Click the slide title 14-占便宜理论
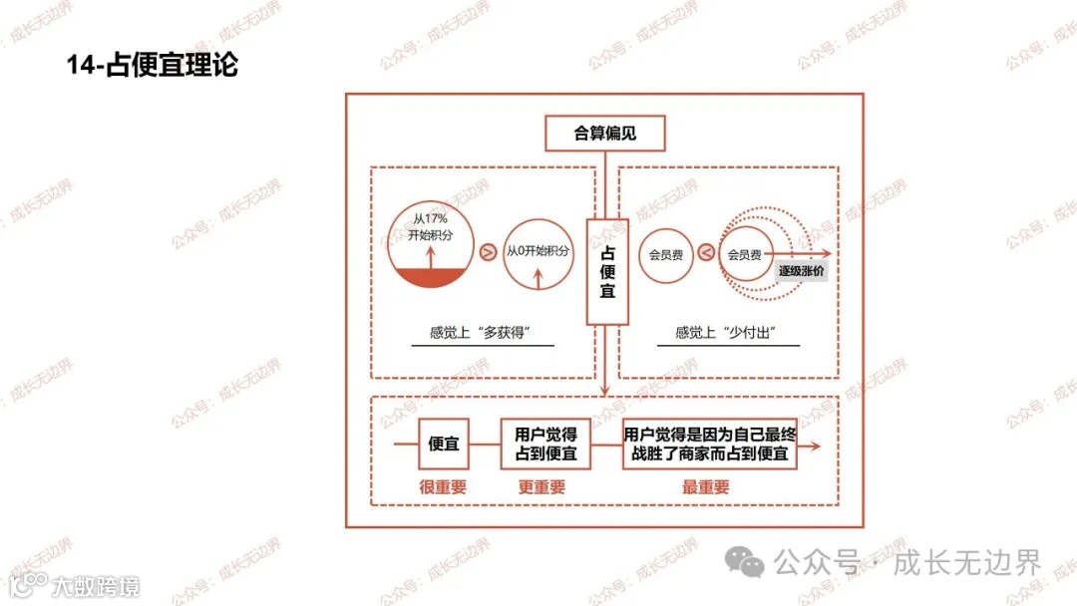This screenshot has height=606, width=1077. (x=153, y=66)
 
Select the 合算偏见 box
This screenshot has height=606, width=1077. (x=604, y=133)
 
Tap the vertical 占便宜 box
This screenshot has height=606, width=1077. (x=607, y=271)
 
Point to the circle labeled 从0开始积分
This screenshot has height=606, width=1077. (x=538, y=253)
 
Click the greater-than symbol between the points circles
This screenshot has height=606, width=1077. (x=488, y=253)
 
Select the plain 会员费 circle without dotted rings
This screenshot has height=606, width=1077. (x=665, y=254)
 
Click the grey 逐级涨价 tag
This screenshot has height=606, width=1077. (x=802, y=270)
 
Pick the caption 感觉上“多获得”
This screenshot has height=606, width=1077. (x=482, y=333)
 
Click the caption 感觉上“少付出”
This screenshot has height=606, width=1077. (x=727, y=333)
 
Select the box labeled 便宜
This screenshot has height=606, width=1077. (x=444, y=445)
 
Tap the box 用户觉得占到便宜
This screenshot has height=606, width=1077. (x=545, y=445)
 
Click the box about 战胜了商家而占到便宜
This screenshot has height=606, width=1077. (x=709, y=445)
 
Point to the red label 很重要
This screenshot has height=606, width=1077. (x=443, y=487)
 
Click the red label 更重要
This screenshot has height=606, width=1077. (x=541, y=487)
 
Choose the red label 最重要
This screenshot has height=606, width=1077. (x=705, y=487)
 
